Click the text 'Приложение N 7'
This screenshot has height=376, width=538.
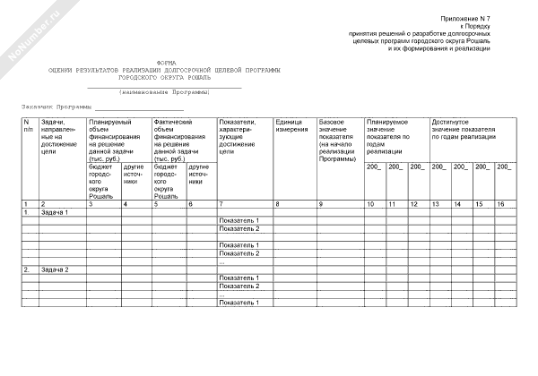click(465, 19)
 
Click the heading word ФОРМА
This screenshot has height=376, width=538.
click(165, 63)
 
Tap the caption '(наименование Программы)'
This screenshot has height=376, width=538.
click(165, 92)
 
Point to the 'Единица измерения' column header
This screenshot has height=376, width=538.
click(291, 125)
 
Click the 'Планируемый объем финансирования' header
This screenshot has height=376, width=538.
click(117, 140)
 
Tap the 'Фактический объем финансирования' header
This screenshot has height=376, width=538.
click(181, 140)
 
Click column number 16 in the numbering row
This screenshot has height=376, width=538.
click(502, 205)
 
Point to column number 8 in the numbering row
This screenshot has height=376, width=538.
click(277, 205)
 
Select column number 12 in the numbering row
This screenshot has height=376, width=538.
click(412, 205)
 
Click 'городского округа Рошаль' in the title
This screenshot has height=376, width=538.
click(165, 77)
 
